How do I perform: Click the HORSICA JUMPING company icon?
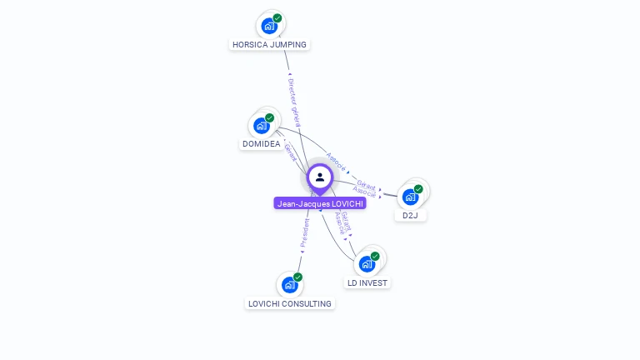(268, 26)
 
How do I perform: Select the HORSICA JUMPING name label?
(269, 44)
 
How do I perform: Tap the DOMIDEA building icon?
(262, 126)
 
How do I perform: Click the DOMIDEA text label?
(261, 144)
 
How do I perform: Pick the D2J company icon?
(410, 197)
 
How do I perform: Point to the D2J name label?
(410, 215)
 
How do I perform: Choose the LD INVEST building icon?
(367, 264)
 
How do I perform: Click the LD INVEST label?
(367, 282)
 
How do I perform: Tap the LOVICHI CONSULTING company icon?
(289, 285)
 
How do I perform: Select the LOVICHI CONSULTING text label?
(290, 303)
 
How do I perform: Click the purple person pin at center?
(320, 177)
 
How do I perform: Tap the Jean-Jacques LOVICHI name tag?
(320, 203)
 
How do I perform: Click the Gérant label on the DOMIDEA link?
(291, 152)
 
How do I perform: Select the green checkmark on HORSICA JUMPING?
(277, 17)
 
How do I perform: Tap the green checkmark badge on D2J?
(418, 188)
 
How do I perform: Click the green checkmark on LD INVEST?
(375, 256)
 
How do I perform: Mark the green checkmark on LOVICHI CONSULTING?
(297, 277)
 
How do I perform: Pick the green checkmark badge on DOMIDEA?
(270, 117)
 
